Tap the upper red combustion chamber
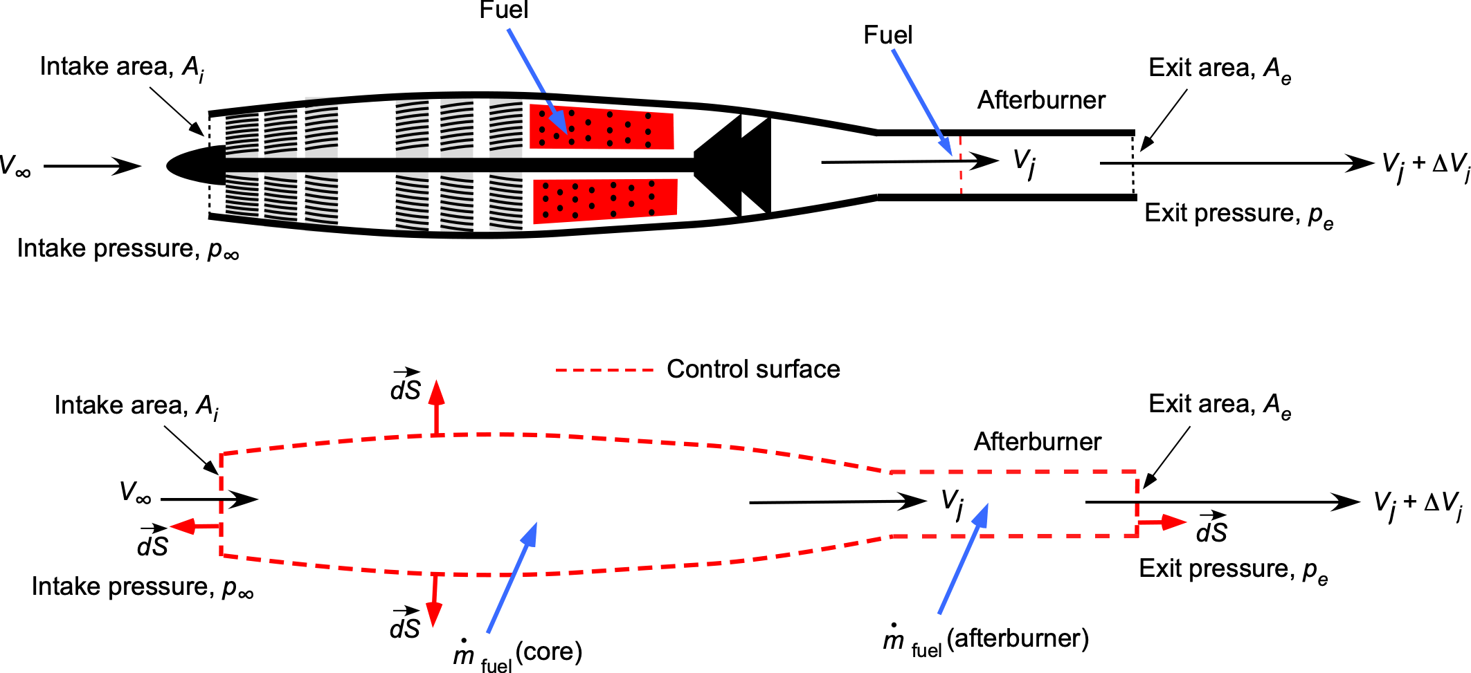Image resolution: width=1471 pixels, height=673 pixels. tap(602, 127)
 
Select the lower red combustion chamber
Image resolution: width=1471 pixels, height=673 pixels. tap(604, 201)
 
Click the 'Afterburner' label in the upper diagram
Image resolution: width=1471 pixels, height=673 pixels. tap(1041, 100)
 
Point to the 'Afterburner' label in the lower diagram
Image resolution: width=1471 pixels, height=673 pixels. tap(1038, 441)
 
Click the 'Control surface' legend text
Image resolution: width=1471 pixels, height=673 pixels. tap(753, 369)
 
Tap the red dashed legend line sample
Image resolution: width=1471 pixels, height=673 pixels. tap(604, 370)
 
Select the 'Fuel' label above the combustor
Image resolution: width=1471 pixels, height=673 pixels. tap(503, 10)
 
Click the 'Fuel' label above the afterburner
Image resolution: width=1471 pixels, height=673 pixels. tap(888, 35)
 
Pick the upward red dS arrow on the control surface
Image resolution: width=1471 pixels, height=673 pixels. tap(436, 407)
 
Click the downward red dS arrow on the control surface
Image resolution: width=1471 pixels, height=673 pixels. tap(434, 600)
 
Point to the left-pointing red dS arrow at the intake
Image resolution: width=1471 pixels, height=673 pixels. tap(195, 526)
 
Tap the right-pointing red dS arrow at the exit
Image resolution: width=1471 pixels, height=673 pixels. tap(1162, 522)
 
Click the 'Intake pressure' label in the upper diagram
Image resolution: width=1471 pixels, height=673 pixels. tap(128, 249)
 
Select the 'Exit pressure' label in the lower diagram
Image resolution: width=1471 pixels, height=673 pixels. tap(1234, 570)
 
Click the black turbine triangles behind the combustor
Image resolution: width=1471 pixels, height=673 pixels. tap(732, 165)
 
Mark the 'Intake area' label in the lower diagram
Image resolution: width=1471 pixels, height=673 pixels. tap(136, 407)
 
